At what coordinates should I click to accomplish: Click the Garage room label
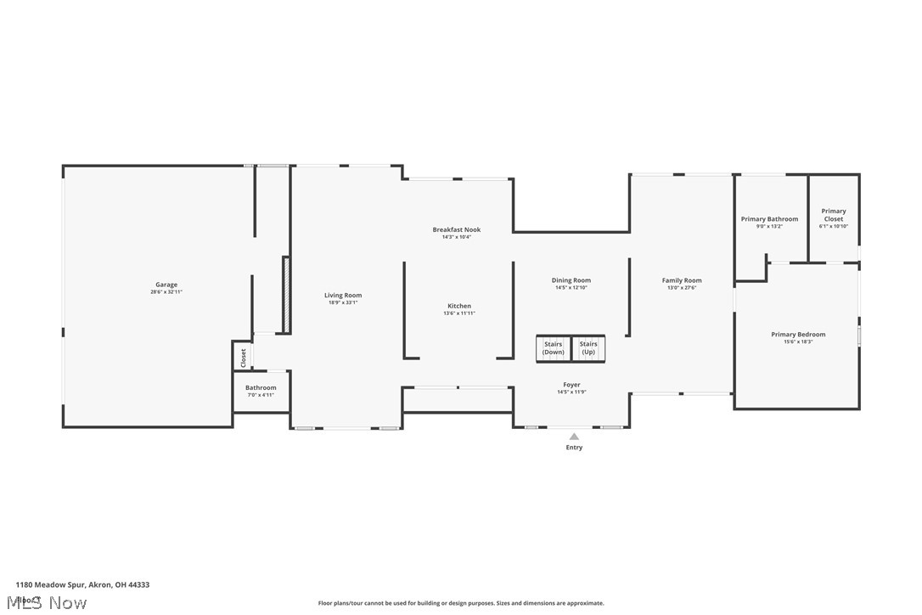click(166, 285)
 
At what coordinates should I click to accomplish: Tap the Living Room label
click(343, 296)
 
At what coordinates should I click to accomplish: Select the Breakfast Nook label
click(457, 229)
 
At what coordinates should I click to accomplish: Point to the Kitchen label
click(459, 306)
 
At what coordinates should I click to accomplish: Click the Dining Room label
click(571, 280)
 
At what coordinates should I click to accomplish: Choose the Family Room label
click(682, 280)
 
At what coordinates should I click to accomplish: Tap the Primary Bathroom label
click(769, 219)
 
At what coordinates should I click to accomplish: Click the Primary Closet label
click(834, 215)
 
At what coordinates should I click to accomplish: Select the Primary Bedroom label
click(798, 335)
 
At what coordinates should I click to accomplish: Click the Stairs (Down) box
click(554, 348)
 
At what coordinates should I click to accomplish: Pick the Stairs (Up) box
click(588, 348)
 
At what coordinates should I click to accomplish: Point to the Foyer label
click(572, 385)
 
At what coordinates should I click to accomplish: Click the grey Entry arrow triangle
click(574, 437)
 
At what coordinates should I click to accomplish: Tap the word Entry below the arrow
click(574, 448)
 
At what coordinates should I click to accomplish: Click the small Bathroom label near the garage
click(261, 387)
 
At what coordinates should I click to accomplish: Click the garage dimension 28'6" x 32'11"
click(166, 292)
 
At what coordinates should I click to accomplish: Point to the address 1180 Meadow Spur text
click(82, 584)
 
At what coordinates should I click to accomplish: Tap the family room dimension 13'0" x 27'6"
click(682, 288)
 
